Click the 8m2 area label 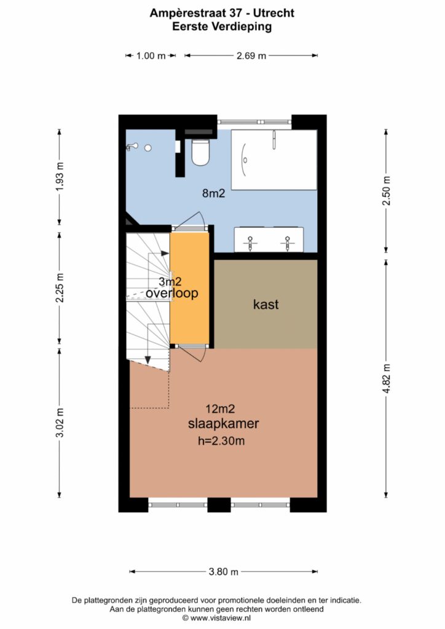[213, 193]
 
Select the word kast [266, 305]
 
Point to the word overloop [171, 293]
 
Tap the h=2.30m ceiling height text [221, 441]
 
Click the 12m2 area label [220, 409]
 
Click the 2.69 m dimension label [251, 56]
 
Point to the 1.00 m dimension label [151, 56]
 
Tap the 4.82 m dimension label [387, 378]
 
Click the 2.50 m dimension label [387, 191]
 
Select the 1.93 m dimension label [60, 177]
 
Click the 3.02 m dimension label [60, 423]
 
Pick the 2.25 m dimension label [60, 288]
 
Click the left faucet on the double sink [250, 243]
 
